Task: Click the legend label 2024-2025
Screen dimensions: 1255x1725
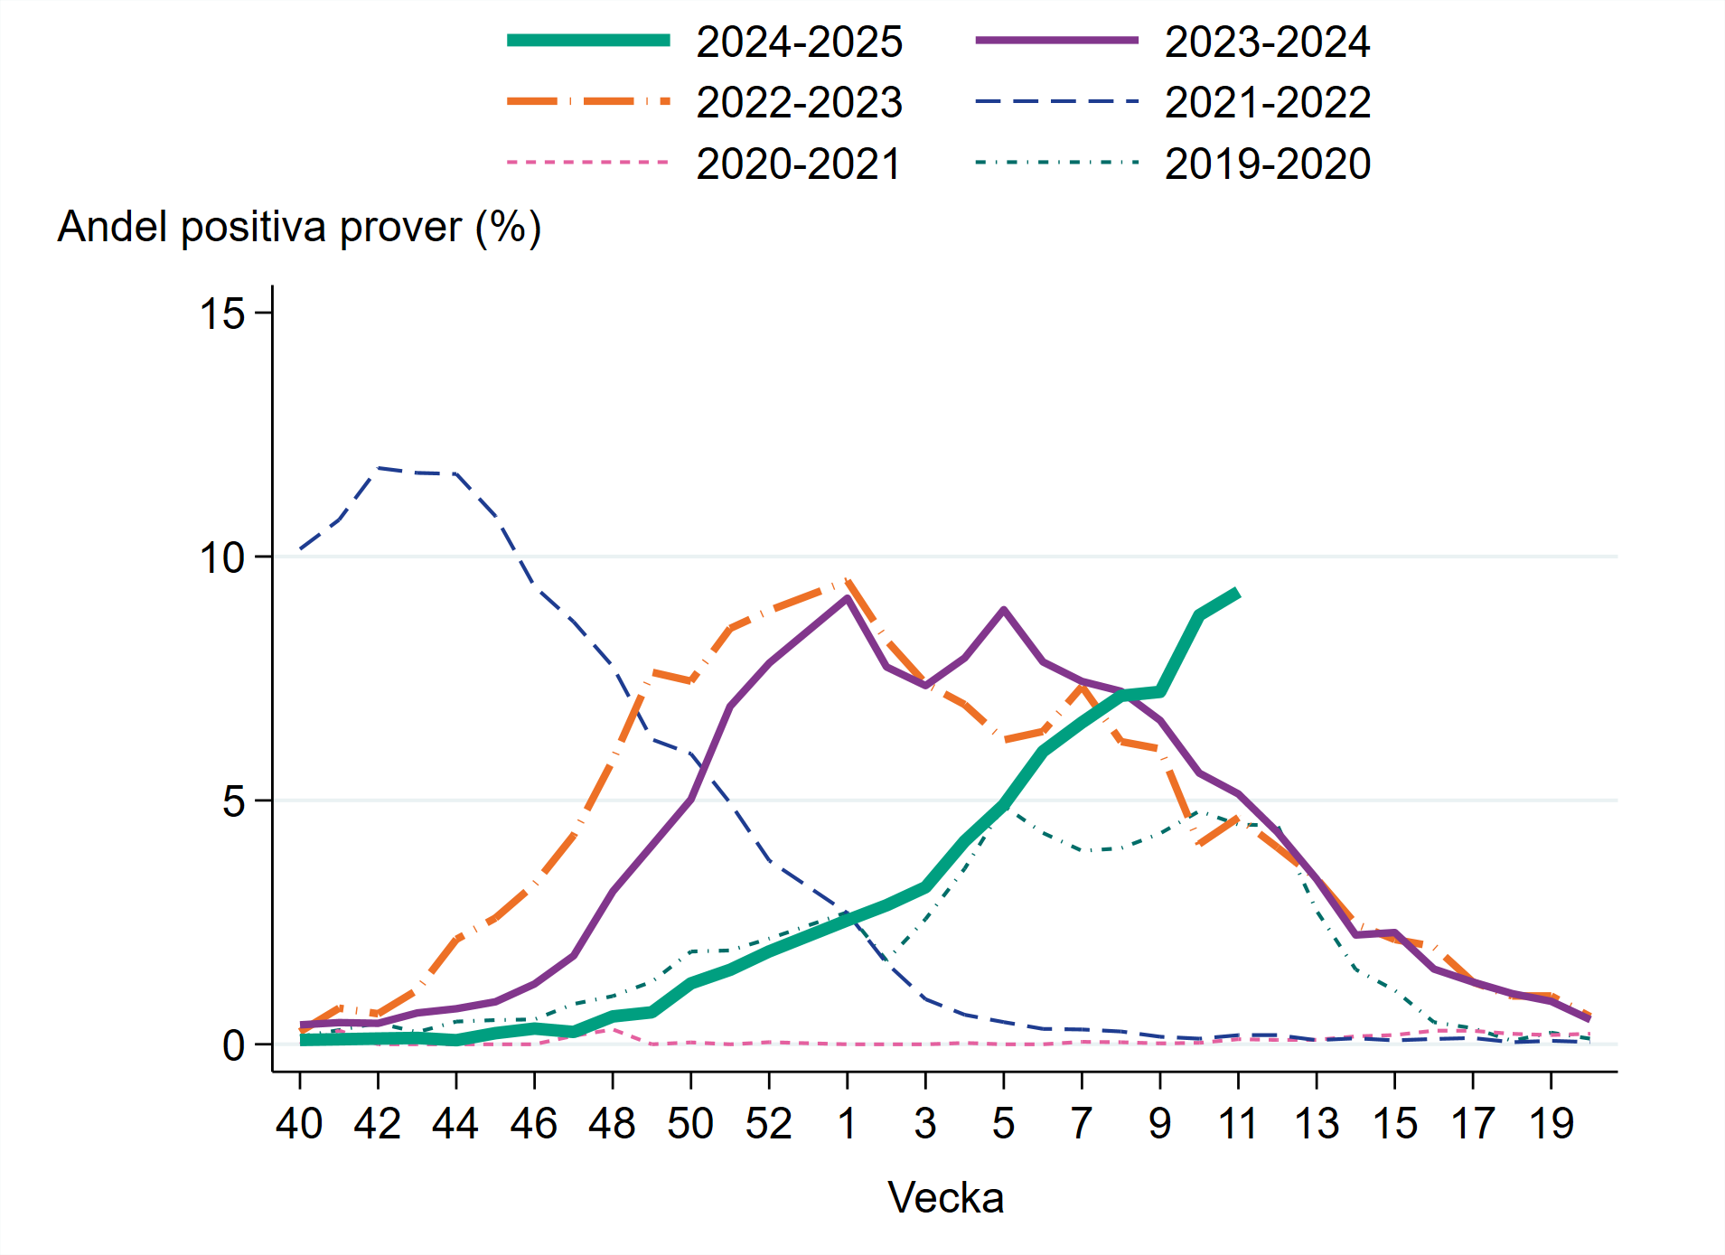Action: [x=799, y=42]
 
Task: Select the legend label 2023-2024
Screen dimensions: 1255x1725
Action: [x=1267, y=42]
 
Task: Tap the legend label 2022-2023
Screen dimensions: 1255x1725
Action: [x=799, y=102]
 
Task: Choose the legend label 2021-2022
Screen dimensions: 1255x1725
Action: [x=1267, y=102]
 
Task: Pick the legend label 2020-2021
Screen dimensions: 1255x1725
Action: [x=799, y=164]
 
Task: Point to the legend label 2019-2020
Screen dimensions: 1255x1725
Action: [x=1267, y=164]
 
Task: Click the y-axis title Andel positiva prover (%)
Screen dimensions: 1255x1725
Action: [x=299, y=227]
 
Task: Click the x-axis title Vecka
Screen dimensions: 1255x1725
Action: [x=945, y=1198]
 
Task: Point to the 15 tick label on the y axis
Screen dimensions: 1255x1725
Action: [x=221, y=314]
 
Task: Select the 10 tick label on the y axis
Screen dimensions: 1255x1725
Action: [x=221, y=557]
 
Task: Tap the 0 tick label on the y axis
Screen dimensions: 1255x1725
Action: [x=234, y=1045]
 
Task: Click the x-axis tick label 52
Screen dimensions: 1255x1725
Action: [x=768, y=1124]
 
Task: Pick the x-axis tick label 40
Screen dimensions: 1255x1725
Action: [x=299, y=1124]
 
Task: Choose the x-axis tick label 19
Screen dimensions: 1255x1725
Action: [x=1551, y=1124]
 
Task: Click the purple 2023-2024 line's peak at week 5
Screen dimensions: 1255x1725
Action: [x=1003, y=610]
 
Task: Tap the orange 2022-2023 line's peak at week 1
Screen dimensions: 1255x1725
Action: [x=847, y=581]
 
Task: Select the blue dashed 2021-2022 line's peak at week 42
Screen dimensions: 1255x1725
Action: [x=378, y=468]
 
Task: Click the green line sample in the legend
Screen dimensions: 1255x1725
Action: [x=588, y=41]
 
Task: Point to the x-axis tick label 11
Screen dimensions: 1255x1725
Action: [x=1238, y=1124]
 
